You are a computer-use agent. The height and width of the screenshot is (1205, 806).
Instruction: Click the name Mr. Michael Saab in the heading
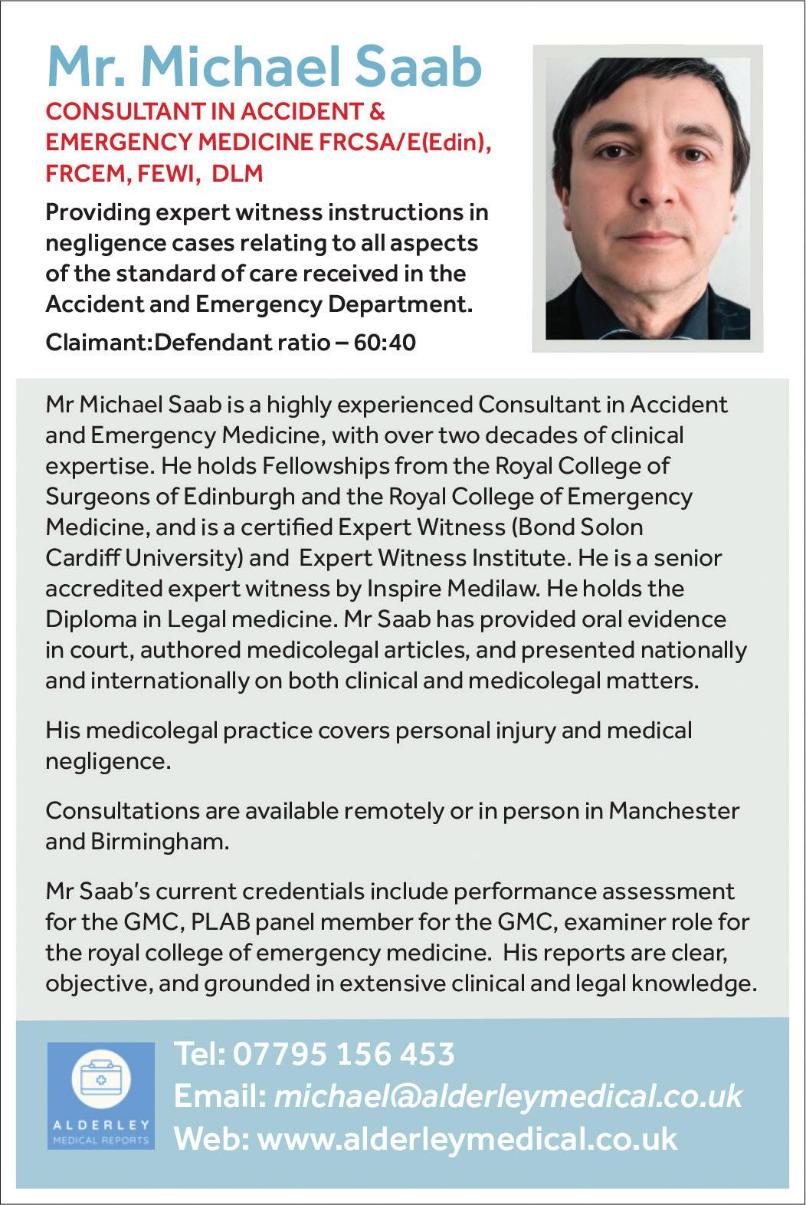click(x=264, y=67)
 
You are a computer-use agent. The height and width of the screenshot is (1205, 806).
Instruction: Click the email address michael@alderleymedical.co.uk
click(x=507, y=1096)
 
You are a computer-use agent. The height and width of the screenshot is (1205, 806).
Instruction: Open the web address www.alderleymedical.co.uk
click(x=467, y=1138)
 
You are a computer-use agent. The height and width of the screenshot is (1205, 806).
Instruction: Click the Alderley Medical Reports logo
click(x=100, y=1095)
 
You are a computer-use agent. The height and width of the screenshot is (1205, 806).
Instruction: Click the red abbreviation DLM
click(x=237, y=173)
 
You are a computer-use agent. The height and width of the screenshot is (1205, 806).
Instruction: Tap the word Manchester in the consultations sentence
click(x=674, y=810)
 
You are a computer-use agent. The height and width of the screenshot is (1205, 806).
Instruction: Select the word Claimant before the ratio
click(x=97, y=342)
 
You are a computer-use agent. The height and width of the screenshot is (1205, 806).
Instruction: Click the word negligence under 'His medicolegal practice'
click(x=105, y=761)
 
